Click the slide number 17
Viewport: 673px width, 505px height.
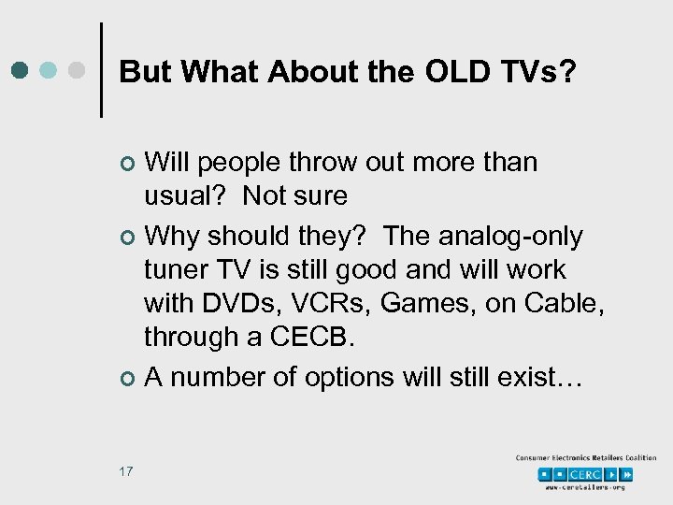click(x=125, y=470)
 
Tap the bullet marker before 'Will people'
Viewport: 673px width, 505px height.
click(x=128, y=165)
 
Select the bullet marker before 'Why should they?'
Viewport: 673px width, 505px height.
click(x=128, y=238)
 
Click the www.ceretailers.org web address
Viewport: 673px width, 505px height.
click(x=586, y=488)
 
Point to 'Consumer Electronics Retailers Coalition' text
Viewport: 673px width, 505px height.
click(x=586, y=458)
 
